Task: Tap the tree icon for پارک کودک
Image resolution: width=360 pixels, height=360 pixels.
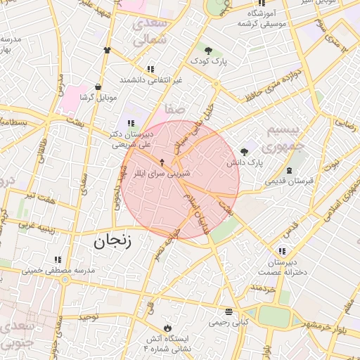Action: point(208,50)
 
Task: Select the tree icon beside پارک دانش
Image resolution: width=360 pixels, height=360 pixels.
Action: point(244,151)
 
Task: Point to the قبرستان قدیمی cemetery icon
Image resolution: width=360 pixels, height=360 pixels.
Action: point(289,170)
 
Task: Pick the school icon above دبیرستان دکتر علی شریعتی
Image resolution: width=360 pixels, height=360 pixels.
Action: point(131,123)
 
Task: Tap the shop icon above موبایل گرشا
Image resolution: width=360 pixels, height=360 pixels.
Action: point(98,86)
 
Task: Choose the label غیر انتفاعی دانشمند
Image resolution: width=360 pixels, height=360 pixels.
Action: point(150,79)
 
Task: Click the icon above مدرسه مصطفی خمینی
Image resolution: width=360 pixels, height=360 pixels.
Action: point(57,259)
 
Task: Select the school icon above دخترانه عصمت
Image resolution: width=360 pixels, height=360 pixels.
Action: point(282,251)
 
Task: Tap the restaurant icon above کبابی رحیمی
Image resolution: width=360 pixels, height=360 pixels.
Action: point(229,311)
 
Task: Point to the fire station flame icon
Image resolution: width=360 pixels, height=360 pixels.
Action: point(167,328)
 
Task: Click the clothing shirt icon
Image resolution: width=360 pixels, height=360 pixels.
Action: point(107,51)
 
